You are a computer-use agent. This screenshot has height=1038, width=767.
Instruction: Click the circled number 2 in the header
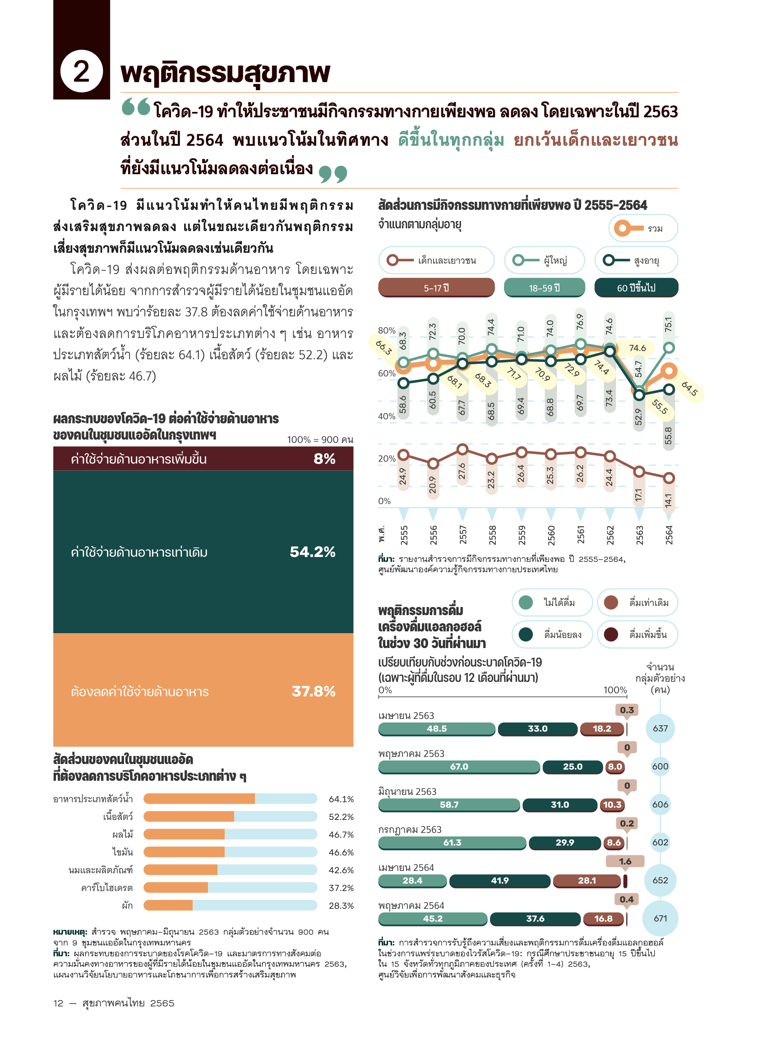click(x=81, y=71)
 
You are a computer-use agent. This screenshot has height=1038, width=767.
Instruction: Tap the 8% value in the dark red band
click(x=324, y=459)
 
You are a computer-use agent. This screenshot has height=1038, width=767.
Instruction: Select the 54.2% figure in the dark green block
click(x=313, y=552)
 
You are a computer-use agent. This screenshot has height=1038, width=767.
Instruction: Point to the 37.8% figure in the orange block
click(x=314, y=691)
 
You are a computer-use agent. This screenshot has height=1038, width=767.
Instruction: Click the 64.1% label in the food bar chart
click(x=341, y=799)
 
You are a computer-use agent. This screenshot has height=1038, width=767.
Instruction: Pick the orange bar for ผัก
click(x=168, y=905)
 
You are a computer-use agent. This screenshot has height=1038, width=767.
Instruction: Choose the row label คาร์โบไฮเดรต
click(x=107, y=888)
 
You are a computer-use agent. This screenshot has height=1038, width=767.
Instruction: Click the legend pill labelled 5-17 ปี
click(x=436, y=288)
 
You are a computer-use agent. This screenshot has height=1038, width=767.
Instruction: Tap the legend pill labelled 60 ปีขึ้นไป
click(x=636, y=288)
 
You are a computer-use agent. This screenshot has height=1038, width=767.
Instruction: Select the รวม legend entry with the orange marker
click(x=642, y=228)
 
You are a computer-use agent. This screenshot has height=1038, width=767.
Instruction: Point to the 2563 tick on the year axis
click(x=639, y=535)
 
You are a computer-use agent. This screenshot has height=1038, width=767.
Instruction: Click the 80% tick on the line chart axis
click(x=386, y=330)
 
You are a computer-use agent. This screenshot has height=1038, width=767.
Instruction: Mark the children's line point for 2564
click(x=669, y=478)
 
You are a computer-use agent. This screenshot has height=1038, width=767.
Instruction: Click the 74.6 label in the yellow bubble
click(x=637, y=348)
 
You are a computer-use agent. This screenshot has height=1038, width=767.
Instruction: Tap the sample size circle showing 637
click(x=660, y=728)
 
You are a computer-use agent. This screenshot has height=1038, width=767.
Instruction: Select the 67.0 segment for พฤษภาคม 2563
click(x=459, y=766)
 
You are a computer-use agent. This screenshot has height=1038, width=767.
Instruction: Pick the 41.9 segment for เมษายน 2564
click(x=499, y=880)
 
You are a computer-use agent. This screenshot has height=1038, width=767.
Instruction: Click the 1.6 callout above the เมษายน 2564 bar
click(x=625, y=862)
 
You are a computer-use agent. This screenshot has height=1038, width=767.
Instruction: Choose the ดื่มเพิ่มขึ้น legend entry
click(x=637, y=635)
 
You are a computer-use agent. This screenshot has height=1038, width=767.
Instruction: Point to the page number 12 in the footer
click(x=59, y=1003)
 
